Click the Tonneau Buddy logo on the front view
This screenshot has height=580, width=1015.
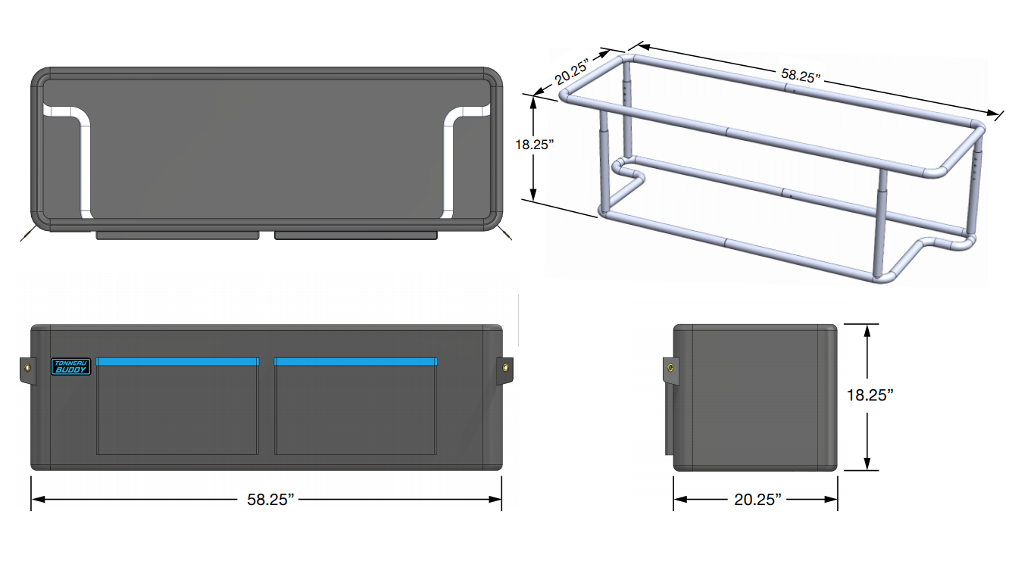pos(70,366)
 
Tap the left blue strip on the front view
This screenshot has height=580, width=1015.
pos(177,361)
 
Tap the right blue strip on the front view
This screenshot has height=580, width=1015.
pos(355,361)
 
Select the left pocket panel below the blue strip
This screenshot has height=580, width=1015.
pos(177,410)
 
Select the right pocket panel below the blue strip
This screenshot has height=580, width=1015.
pos(355,410)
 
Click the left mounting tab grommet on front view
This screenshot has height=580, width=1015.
pos(27,368)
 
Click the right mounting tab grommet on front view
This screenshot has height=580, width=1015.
pos(504,369)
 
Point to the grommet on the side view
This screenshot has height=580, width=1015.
pos(670,368)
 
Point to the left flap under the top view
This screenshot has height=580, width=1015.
pos(177,235)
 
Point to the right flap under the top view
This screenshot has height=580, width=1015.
pos(355,235)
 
